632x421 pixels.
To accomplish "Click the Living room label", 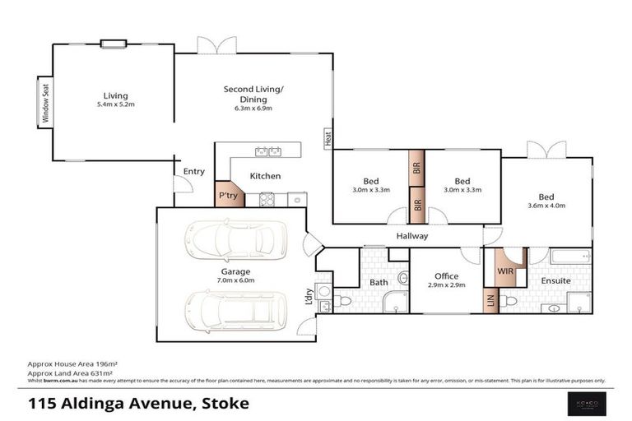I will (x=115, y=95).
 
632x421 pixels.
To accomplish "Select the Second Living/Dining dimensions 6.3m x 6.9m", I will (x=253, y=108).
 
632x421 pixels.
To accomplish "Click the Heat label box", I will (x=327, y=139).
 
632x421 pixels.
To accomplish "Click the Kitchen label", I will (x=265, y=176).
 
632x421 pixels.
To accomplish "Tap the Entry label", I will (x=194, y=171).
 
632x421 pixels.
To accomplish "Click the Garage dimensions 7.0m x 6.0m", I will (x=235, y=280).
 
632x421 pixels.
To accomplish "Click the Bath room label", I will (x=379, y=282).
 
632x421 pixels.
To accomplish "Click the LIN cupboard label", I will (x=491, y=301).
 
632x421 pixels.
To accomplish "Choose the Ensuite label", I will (x=555, y=281).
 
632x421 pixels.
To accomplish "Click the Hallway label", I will (x=411, y=236).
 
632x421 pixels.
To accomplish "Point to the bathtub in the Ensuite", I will (x=569, y=257).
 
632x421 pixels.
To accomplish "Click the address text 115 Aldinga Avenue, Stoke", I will (x=138, y=403).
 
